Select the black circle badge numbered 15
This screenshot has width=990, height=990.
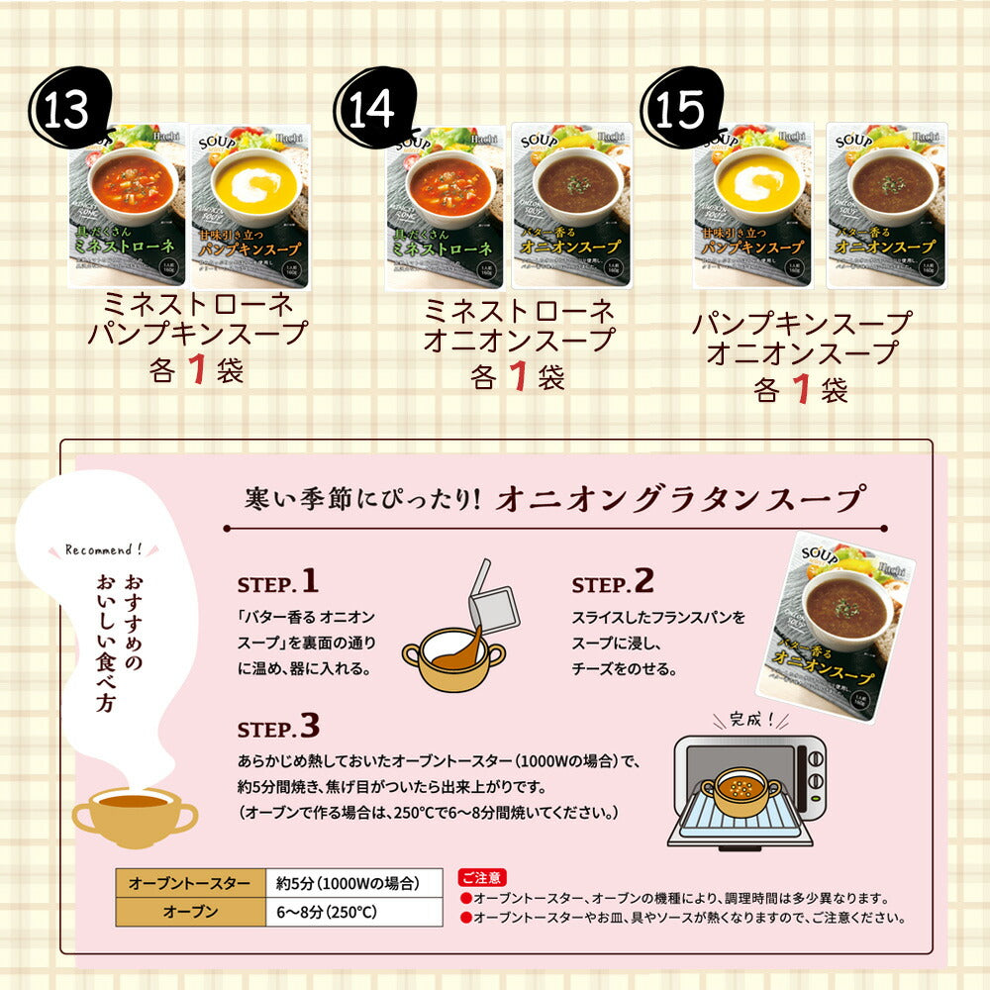[679, 110]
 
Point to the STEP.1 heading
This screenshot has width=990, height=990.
[278, 581]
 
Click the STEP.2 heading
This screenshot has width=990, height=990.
[613, 581]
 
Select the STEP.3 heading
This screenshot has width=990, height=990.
[278, 729]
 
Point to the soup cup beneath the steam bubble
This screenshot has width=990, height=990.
[134, 812]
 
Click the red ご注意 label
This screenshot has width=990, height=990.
[482, 877]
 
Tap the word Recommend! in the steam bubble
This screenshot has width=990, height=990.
[103, 548]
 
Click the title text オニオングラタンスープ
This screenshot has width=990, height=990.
[681, 498]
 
